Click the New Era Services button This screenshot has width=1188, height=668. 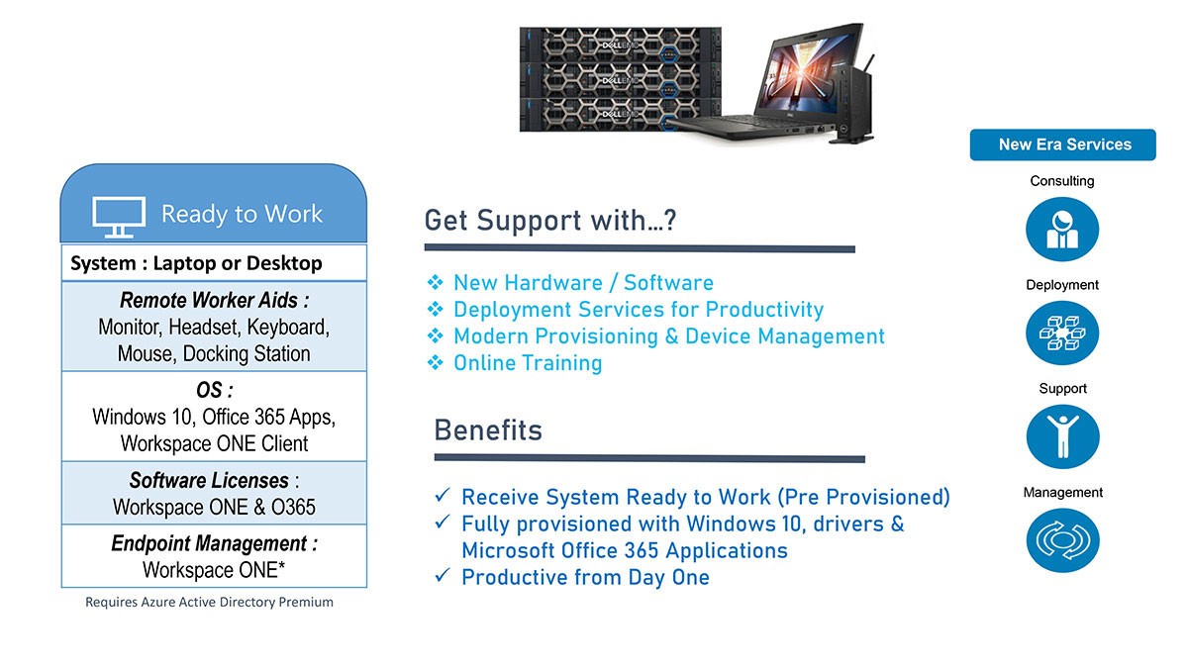tap(1063, 144)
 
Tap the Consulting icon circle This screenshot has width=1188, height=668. tap(1062, 229)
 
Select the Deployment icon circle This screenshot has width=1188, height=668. tap(1062, 333)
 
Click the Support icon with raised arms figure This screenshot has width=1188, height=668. tap(1063, 436)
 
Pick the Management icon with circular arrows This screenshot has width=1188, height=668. tap(1063, 540)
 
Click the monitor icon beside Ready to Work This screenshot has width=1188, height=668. tap(118, 217)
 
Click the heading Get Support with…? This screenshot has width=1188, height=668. tap(550, 220)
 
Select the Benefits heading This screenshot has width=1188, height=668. tap(488, 429)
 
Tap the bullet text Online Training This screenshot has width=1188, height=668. tap(528, 363)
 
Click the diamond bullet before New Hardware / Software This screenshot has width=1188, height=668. tap(436, 282)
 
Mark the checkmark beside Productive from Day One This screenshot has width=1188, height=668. tap(443, 575)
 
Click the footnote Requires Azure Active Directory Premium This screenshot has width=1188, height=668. tap(209, 603)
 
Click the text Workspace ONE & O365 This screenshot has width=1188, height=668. tap(214, 508)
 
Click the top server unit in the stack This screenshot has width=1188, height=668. tap(621, 45)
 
